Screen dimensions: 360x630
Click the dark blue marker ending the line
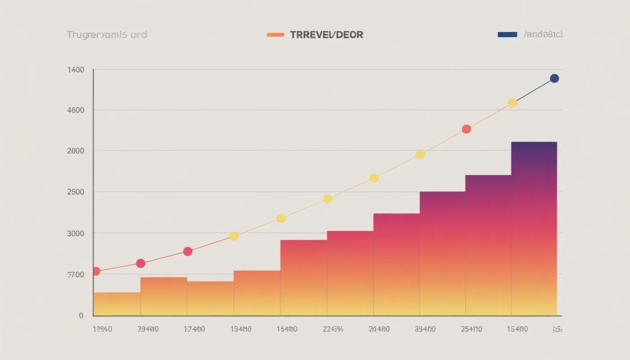tap(554, 78)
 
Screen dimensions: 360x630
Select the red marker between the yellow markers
tap(466, 129)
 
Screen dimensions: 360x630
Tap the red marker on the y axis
tap(96, 271)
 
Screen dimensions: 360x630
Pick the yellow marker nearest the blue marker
tap(512, 103)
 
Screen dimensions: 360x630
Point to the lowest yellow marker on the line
tap(234, 236)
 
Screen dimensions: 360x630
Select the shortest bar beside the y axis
tap(117, 304)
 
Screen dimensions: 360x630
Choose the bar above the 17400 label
tap(210, 298)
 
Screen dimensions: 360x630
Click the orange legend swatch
tap(275, 35)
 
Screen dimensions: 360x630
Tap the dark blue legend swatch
tap(507, 35)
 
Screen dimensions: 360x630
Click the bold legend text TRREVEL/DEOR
tap(327, 35)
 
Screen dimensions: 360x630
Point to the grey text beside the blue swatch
tap(543, 35)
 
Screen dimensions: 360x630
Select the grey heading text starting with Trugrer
tap(107, 35)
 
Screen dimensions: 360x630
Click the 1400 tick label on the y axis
tap(76, 70)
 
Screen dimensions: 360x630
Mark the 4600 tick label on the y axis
tap(76, 110)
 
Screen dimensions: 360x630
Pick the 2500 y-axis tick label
tap(76, 192)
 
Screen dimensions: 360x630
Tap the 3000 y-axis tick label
tap(76, 233)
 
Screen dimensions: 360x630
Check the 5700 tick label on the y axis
tap(76, 274)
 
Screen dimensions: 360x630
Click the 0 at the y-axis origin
tap(81, 316)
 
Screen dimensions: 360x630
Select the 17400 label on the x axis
tap(194, 329)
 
